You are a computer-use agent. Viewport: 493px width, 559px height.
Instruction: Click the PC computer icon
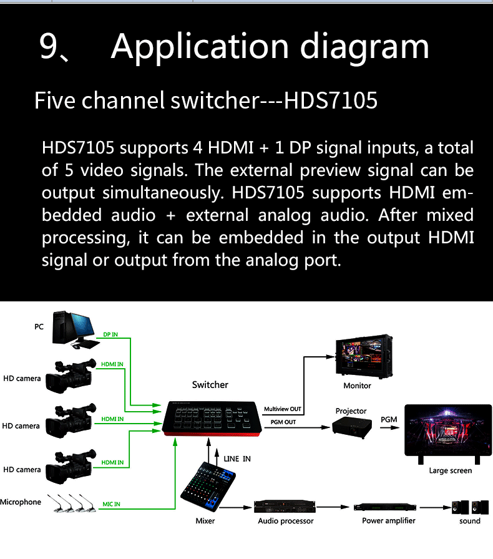(x=74, y=329)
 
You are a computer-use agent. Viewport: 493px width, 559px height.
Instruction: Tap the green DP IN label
(x=110, y=335)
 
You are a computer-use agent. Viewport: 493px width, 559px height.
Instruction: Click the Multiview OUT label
(x=282, y=409)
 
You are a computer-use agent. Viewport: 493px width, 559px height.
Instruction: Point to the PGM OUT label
(x=283, y=422)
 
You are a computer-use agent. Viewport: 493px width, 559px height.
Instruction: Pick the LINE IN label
(x=237, y=459)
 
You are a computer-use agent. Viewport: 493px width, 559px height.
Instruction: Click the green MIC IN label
(x=112, y=504)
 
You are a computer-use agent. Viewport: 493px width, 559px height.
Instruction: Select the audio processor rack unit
(x=284, y=507)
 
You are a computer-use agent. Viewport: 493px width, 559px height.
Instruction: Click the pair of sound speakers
(x=470, y=507)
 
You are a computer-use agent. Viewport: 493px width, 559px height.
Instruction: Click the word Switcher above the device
(x=210, y=384)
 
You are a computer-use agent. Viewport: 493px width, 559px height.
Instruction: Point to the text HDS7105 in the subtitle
(x=331, y=100)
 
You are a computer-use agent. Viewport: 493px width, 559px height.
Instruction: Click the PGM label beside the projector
(x=389, y=419)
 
